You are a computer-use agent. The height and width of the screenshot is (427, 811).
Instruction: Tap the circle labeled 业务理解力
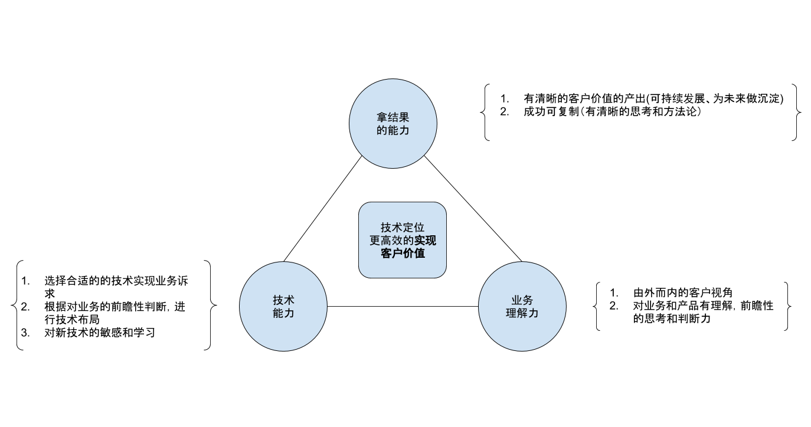[522, 333]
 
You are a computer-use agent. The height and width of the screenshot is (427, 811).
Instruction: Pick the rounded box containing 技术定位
[402, 268]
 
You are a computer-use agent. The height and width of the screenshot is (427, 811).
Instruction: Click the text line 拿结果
[393, 117]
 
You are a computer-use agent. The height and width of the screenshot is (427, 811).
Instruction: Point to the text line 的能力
[393, 130]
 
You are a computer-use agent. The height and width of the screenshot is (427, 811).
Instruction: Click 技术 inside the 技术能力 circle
[283, 300]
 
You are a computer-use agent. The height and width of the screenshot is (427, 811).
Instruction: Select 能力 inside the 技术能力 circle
[283, 313]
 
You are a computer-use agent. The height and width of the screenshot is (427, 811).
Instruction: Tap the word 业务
[522, 300]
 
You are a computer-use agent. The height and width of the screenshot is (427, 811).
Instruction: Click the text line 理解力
[522, 313]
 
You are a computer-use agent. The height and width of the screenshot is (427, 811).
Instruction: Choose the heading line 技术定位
[403, 228]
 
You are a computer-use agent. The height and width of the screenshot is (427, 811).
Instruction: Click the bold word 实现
[425, 241]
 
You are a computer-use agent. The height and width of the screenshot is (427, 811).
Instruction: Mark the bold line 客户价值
[403, 254]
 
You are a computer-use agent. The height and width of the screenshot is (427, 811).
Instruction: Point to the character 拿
[382, 117]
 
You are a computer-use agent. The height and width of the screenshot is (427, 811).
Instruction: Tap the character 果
[404, 117]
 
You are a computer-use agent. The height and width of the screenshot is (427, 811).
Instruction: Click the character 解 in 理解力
[522, 313]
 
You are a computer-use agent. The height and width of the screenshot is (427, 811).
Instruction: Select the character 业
[517, 300]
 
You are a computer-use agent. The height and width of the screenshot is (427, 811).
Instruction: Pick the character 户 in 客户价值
[397, 254]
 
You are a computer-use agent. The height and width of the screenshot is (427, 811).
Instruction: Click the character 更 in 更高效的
[375, 241]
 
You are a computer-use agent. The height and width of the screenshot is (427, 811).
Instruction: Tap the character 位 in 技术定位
[419, 228]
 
